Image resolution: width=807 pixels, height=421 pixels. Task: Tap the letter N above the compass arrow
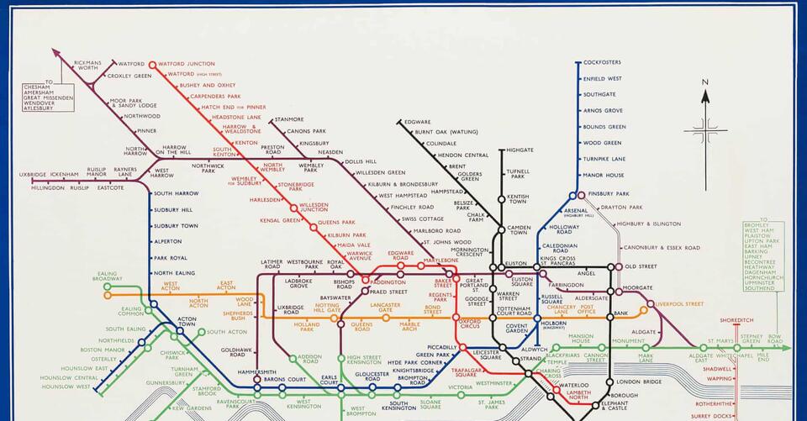(x=706, y=82)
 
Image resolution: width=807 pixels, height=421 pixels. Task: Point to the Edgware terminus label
(x=418, y=122)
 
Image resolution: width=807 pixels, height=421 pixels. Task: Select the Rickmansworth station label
(x=87, y=66)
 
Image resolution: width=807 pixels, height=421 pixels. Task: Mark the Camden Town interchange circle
(x=500, y=229)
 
